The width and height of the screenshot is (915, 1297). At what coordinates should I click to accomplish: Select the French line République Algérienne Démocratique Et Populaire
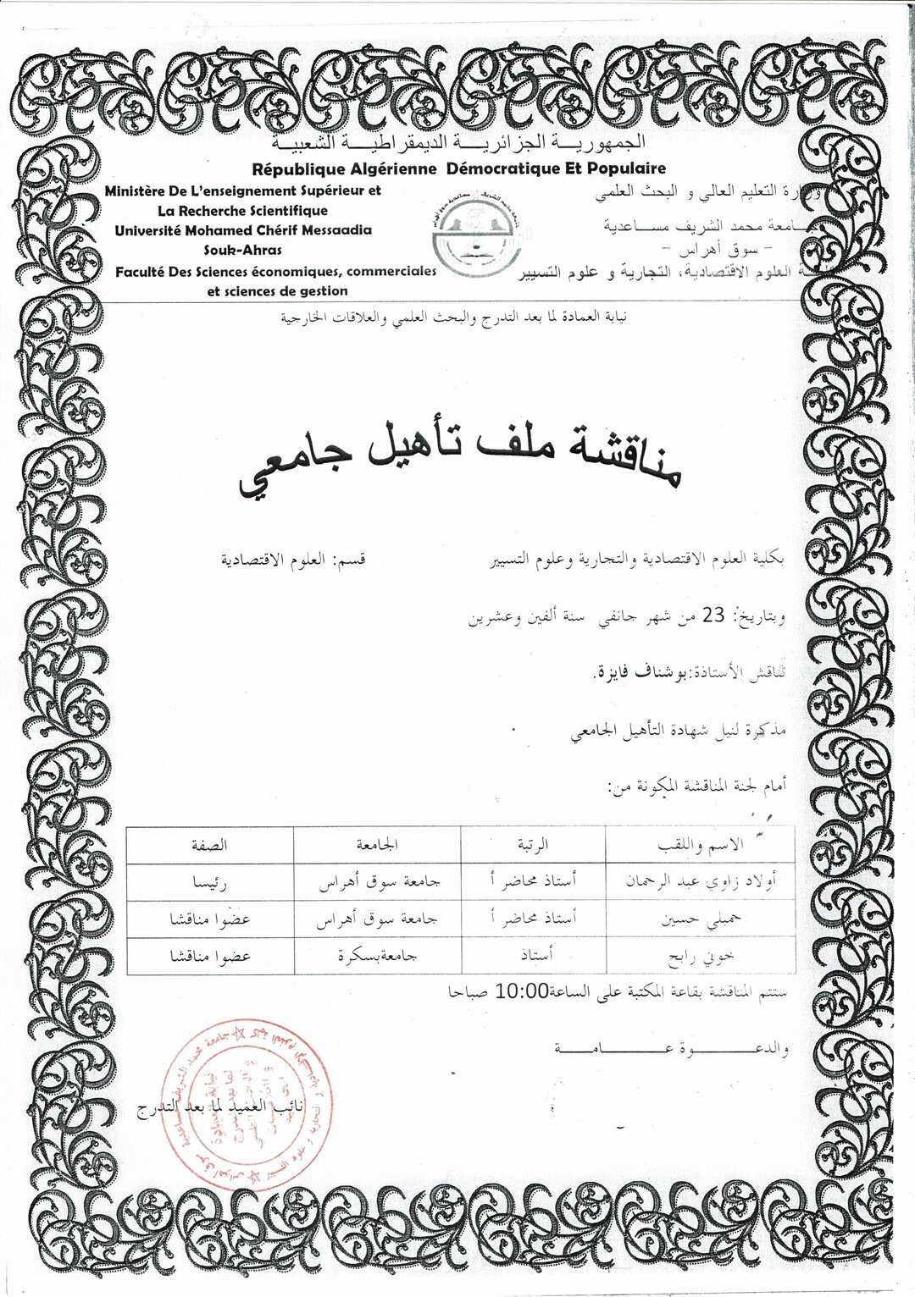tap(458, 168)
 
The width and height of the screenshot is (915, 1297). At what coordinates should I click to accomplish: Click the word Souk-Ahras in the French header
tap(244, 250)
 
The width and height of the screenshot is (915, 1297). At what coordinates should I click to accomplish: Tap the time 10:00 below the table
tap(519, 990)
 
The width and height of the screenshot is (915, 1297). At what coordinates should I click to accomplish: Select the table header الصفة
tap(209, 845)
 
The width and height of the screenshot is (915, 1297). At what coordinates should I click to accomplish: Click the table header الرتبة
tap(533, 845)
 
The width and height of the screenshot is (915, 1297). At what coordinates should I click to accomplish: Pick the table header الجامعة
tap(378, 845)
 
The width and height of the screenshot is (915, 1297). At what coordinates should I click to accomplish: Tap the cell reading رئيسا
tap(209, 881)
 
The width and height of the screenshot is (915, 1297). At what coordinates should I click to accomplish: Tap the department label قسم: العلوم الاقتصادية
tap(293, 560)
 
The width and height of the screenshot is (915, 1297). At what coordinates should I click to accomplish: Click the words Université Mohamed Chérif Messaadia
tap(243, 230)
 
